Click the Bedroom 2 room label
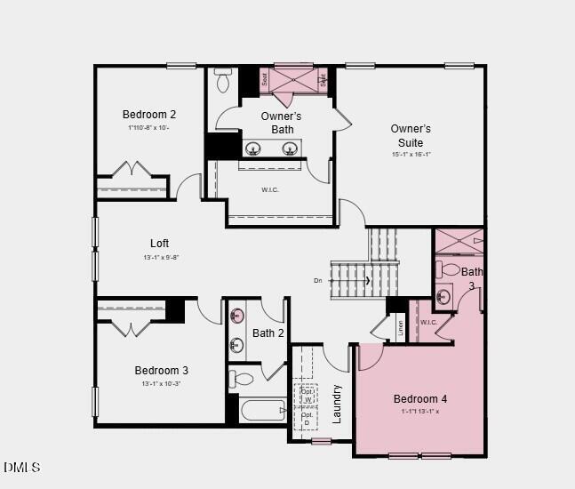coord(149,114)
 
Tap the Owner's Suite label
coord(411,135)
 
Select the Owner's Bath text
coord(282,123)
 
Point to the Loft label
coord(159,243)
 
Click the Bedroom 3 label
coord(162,370)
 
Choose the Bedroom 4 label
coord(420,398)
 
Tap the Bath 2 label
coord(268,333)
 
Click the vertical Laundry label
coord(337,404)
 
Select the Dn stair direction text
coord(318,281)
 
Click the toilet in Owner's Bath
coord(223,83)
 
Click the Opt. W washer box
coord(307,396)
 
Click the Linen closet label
coord(400,327)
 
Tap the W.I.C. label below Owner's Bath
coord(271,189)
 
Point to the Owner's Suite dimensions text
coord(411,154)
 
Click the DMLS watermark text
coord(22,467)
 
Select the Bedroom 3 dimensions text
coord(161,384)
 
